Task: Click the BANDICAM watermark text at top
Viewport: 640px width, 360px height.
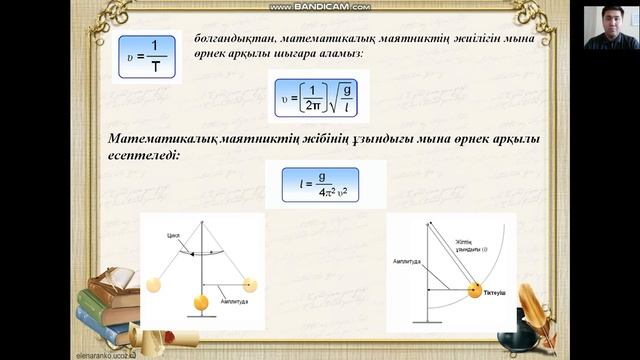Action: click(320, 6)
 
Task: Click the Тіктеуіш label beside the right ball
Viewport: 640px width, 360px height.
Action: click(498, 294)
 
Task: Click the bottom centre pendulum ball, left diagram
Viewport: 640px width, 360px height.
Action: click(201, 302)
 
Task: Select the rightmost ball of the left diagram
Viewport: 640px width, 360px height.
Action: click(244, 283)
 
